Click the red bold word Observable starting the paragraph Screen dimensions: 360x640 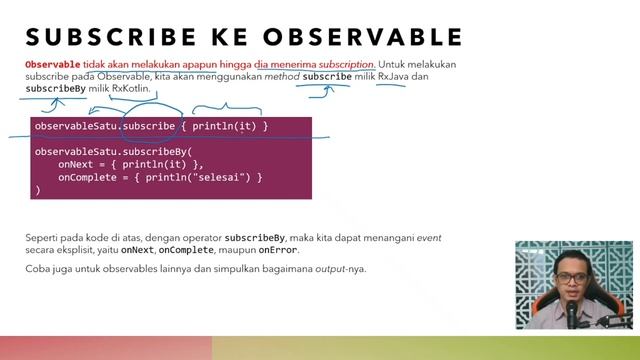point(52,64)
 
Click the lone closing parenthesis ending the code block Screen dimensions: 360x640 point(38,189)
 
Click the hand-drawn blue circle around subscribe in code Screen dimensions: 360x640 point(149,120)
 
